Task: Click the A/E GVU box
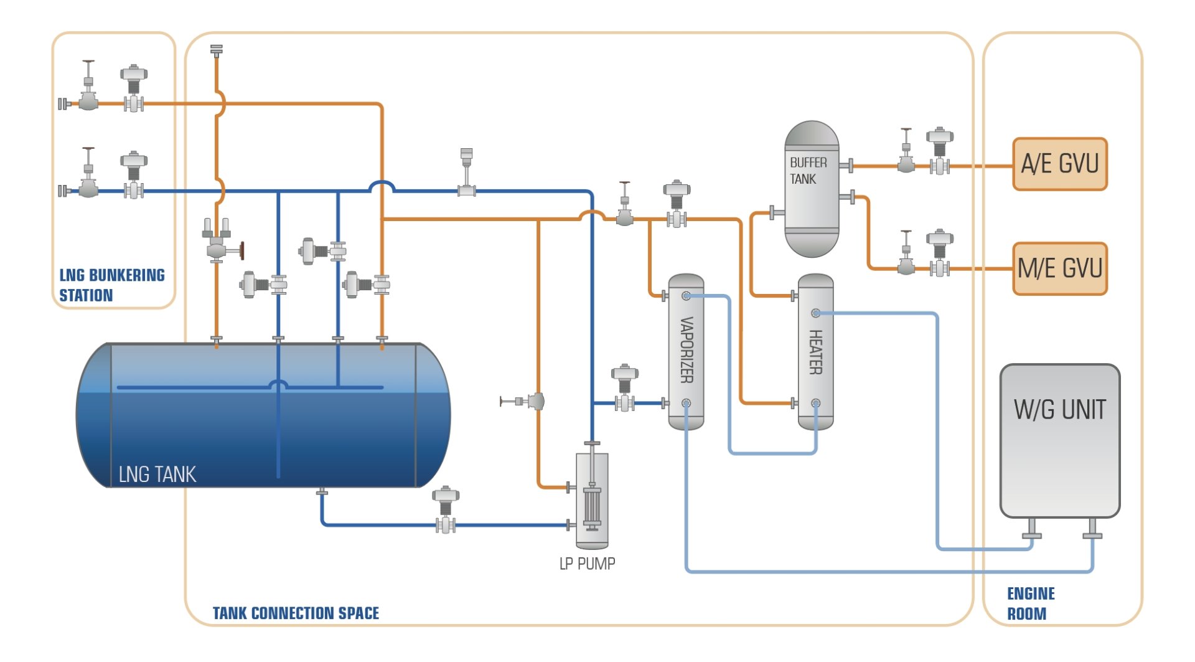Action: [x=1059, y=164]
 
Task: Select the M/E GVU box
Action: [x=1059, y=268]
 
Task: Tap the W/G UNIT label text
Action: [x=1059, y=410]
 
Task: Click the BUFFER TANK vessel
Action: [x=811, y=189]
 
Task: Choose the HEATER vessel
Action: [x=815, y=352]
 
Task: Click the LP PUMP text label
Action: [x=587, y=564]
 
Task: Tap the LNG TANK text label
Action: [x=157, y=475]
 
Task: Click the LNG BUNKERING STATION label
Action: [x=111, y=285]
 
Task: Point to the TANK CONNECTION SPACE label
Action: [x=296, y=613]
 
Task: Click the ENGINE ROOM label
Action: [x=1031, y=603]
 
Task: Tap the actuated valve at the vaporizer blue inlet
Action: [x=624, y=390]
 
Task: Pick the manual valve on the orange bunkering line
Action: [x=88, y=93]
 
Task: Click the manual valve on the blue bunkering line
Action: [x=88, y=181]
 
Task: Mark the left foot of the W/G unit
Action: [x=1032, y=529]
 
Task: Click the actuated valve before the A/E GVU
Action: [x=939, y=152]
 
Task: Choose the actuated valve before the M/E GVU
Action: [x=939, y=255]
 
